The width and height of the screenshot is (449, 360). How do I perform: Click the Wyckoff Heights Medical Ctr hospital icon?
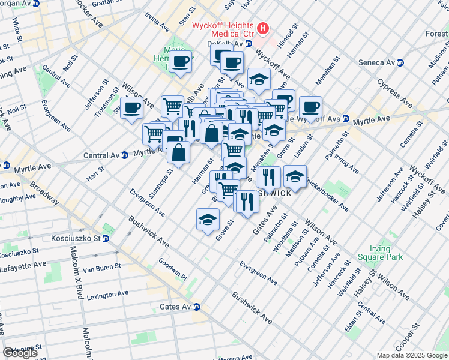coord(262,28)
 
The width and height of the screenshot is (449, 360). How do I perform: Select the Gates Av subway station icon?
coord(196,307)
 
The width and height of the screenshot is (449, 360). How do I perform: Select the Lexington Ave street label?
coord(107,296)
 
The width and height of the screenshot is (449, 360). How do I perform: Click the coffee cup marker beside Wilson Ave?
coord(132,107)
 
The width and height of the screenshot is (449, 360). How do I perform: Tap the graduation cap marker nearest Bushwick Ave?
coord(208,219)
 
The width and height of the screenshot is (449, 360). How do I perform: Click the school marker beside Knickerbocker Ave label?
coord(295,176)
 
